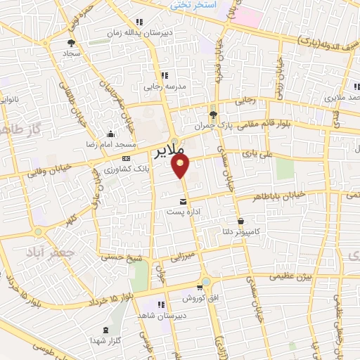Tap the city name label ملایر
(169, 151)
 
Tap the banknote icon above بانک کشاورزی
(127, 158)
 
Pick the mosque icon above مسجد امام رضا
(110, 134)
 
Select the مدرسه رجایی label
(162, 89)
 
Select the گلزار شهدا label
(107, 340)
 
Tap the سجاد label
(71, 53)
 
